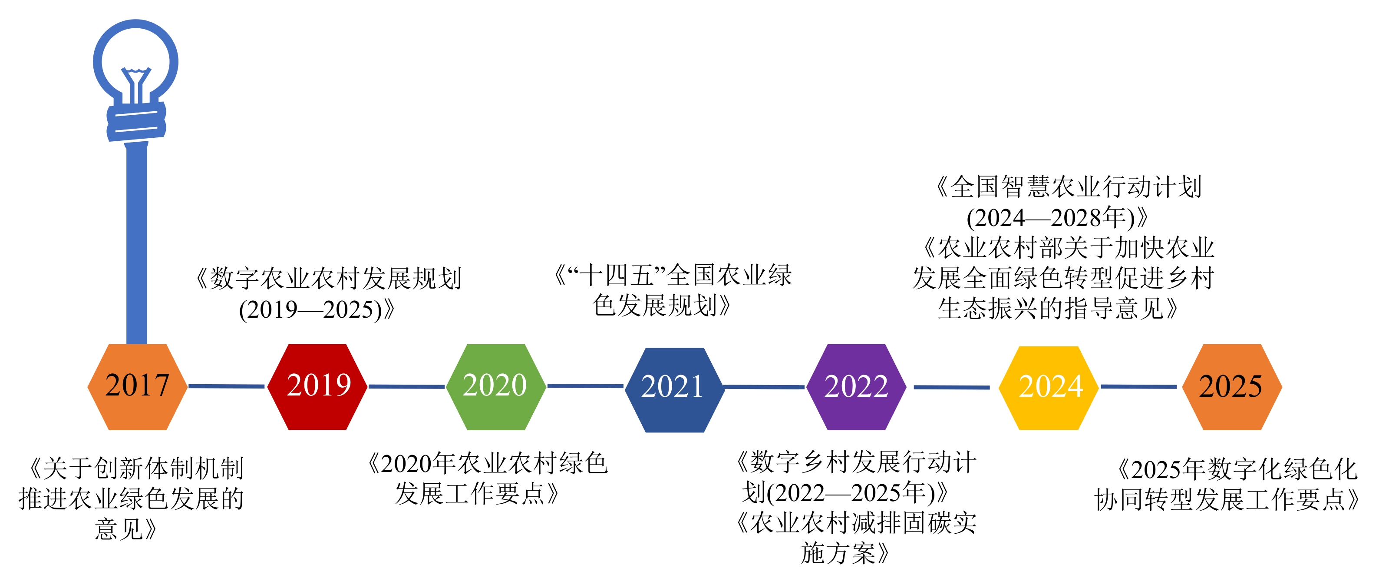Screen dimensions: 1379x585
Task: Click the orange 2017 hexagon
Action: tap(138, 387)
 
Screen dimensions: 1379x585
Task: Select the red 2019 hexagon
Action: tap(317, 387)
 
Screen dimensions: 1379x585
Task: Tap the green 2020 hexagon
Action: tap(496, 387)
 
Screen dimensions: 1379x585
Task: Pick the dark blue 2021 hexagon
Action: tap(674, 389)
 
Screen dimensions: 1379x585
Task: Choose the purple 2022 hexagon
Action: tap(856, 387)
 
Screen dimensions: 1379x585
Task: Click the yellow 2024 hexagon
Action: tap(1049, 388)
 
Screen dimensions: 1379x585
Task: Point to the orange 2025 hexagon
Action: tap(1232, 387)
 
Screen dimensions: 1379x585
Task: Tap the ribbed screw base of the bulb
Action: tap(136, 122)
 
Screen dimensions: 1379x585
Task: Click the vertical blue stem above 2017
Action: tap(136, 244)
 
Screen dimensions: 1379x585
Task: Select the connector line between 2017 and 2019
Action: tap(227, 386)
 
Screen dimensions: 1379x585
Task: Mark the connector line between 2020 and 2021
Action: tap(586, 386)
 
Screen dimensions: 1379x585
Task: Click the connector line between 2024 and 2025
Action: tap(1138, 386)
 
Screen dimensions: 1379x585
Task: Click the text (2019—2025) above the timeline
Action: tap(311, 309)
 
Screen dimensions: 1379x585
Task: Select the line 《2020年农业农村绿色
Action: tap(487, 463)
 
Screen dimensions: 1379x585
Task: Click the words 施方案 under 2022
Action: tap(838, 553)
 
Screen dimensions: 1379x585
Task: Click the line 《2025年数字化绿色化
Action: tap(1237, 469)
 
